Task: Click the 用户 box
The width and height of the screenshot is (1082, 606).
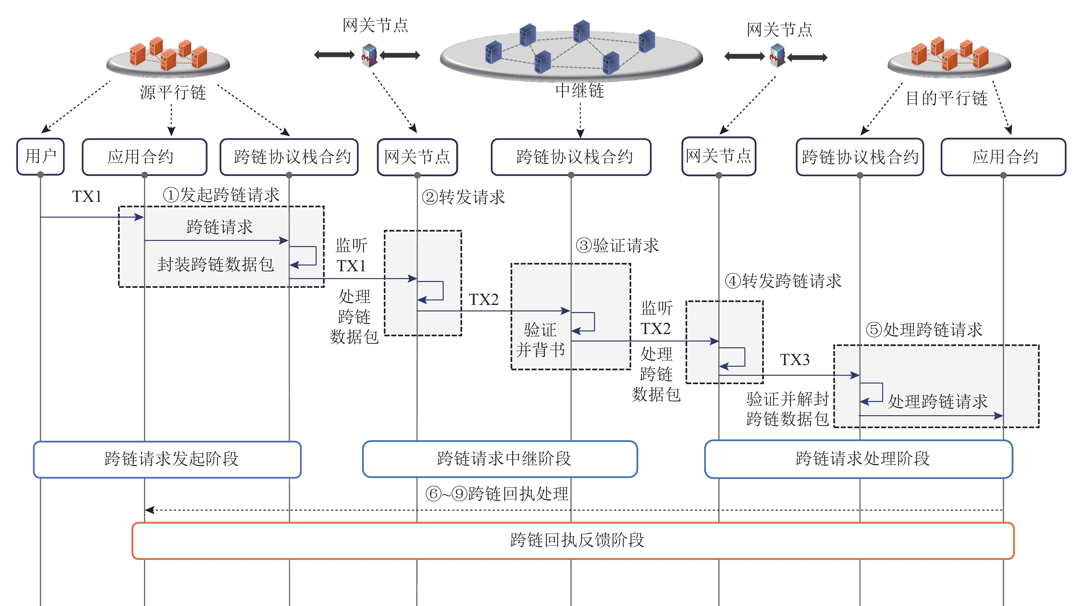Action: [x=40, y=156]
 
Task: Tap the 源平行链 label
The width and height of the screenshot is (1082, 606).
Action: [x=173, y=92]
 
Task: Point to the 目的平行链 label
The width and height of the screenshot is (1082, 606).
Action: [x=946, y=98]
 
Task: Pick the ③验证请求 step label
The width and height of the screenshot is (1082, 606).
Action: [x=617, y=245]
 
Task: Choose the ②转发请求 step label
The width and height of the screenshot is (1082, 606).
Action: [x=463, y=197]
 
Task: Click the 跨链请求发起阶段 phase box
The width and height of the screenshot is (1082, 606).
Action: [x=167, y=459]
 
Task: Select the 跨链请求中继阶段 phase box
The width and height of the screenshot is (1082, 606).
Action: [x=500, y=459]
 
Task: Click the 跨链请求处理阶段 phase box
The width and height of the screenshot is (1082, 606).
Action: [x=859, y=459]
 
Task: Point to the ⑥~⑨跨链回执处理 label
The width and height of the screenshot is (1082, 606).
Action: [x=497, y=493]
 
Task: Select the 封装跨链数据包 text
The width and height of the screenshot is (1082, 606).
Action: [x=215, y=264]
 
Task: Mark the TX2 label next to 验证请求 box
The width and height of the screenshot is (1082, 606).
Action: [x=484, y=299]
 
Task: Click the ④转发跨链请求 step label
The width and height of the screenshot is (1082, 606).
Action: [x=783, y=281]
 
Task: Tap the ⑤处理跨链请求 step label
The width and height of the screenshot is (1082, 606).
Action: [x=924, y=330]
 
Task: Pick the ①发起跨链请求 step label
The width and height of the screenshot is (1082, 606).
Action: [x=221, y=195]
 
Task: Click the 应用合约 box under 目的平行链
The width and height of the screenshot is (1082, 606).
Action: [x=1003, y=157]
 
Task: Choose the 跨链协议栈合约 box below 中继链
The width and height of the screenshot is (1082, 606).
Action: [x=571, y=157]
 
